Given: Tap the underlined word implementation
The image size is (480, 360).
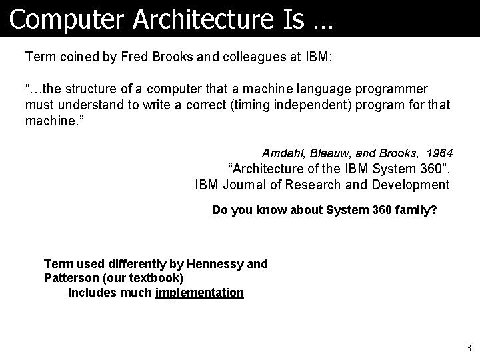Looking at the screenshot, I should [199, 292].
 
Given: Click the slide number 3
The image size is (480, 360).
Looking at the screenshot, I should [469, 347].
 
